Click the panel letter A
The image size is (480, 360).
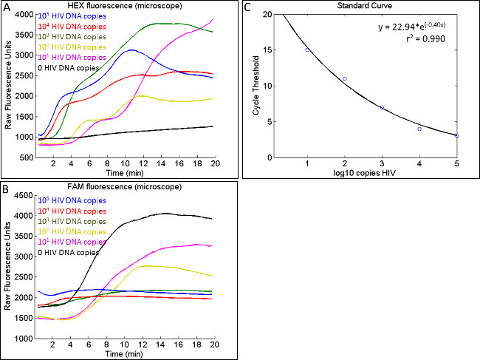pos(6,7)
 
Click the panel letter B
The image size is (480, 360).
pos(6,189)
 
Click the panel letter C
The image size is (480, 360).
pos(247,7)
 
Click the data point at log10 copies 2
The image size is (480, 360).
pos(345,78)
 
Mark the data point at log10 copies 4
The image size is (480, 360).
pos(419,129)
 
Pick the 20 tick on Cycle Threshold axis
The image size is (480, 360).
pos(263,14)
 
